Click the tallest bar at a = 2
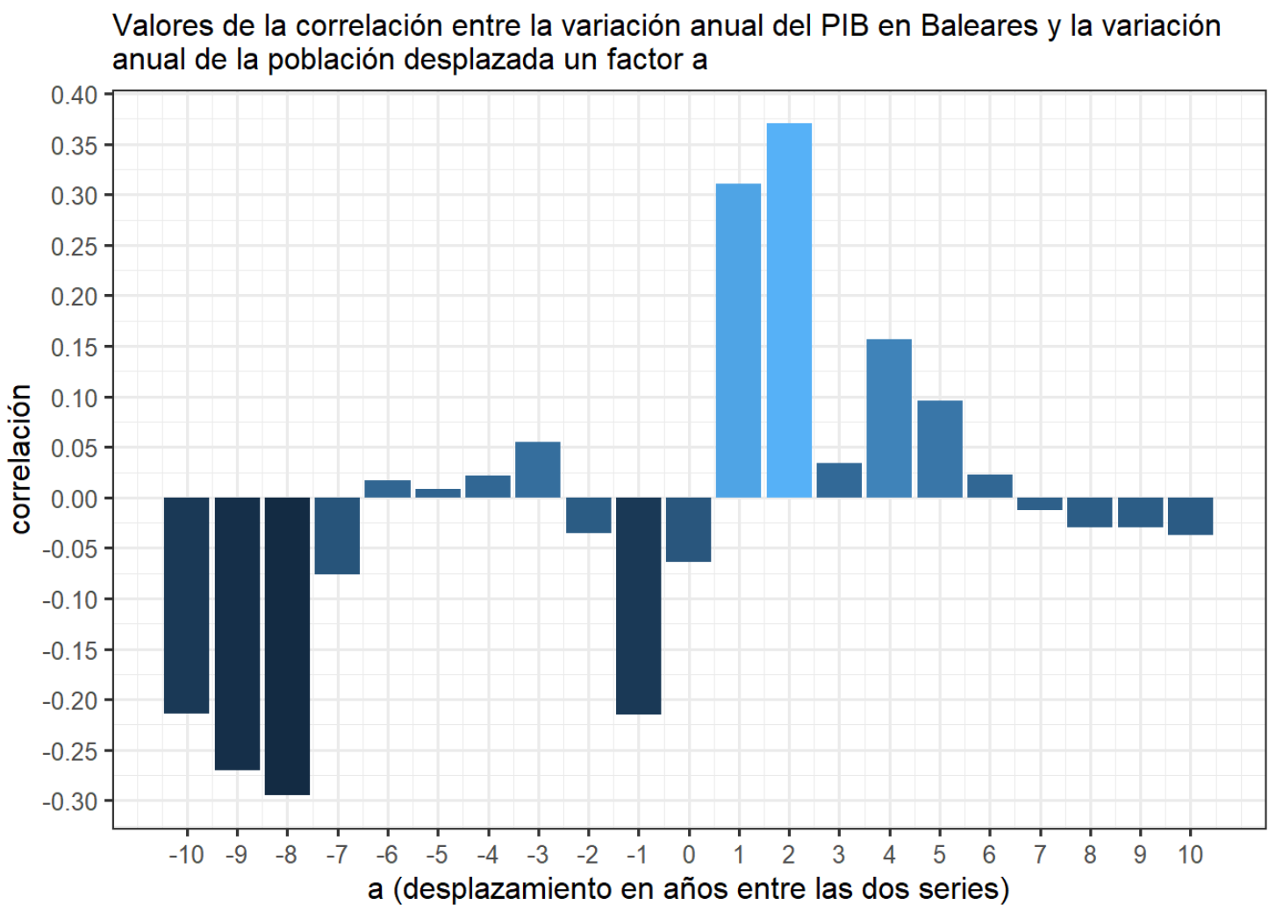[x=789, y=311]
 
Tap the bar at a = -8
[x=287, y=646]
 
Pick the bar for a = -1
[x=638, y=606]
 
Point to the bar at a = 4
[x=889, y=419]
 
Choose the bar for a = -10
[x=186, y=606]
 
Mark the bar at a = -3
[x=537, y=470]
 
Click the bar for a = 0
[x=688, y=529]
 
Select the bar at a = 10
[x=1190, y=516]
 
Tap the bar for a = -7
[x=337, y=535]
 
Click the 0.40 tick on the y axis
[x=74, y=95]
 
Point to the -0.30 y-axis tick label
[x=70, y=801]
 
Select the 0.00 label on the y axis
[x=74, y=499]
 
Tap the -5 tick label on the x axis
[x=437, y=855]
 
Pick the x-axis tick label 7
[x=1040, y=855]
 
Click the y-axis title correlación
[x=21, y=459]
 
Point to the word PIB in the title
[x=845, y=26]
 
